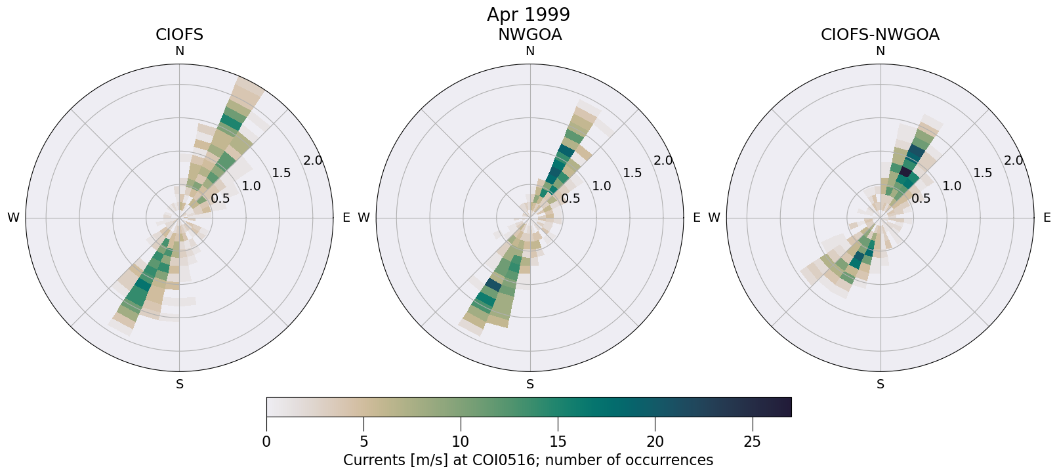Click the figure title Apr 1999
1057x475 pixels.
click(528, 14)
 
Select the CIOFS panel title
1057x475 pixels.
click(179, 35)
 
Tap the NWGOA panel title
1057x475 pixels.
click(529, 35)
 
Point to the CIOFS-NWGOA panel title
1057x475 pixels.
click(880, 35)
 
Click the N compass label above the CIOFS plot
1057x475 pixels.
click(179, 51)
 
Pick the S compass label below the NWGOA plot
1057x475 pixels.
click(530, 384)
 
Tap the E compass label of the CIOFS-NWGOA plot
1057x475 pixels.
click(1047, 218)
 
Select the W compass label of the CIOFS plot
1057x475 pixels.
click(13, 218)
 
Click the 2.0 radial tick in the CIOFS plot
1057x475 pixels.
click(312, 161)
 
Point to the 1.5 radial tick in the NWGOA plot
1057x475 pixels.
click(632, 173)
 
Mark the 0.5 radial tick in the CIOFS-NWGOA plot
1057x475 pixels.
click(921, 198)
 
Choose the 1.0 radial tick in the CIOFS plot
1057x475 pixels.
click(251, 186)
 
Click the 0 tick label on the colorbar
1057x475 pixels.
click(266, 442)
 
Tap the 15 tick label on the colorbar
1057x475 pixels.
click(558, 442)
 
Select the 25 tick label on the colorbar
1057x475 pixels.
click(752, 442)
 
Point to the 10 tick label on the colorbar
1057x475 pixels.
click(461, 442)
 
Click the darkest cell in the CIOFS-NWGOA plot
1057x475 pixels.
click(905, 172)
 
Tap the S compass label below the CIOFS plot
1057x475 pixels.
click(179, 384)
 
